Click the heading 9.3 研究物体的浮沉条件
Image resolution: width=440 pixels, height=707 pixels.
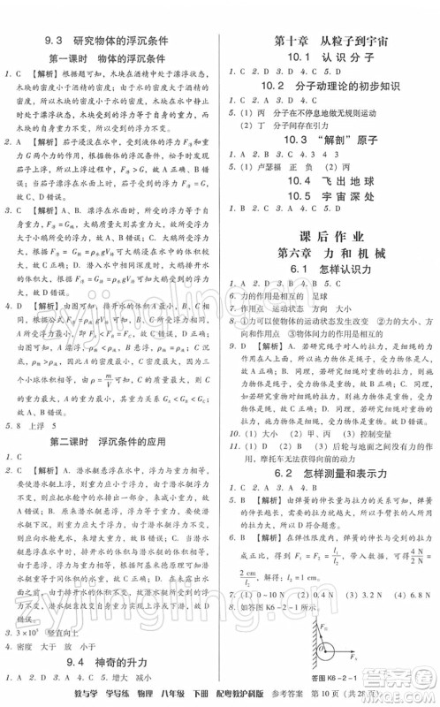coord(110,41)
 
